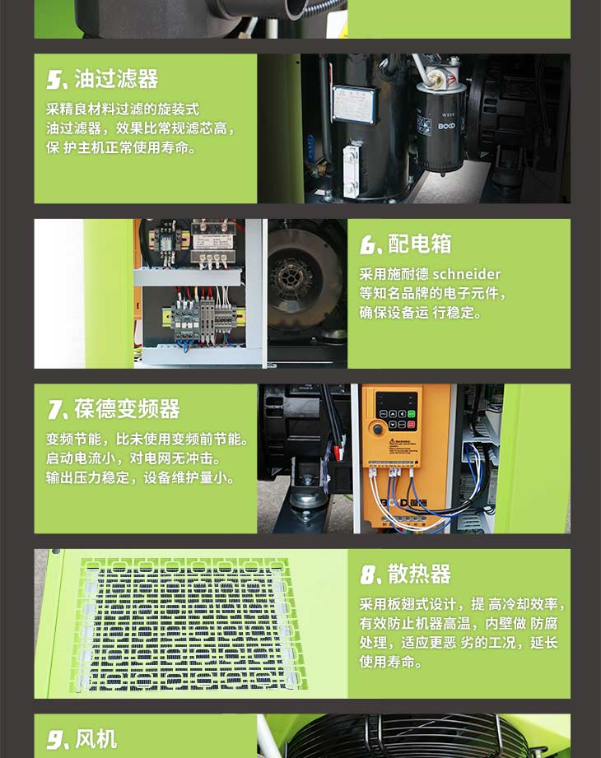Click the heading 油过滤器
(116, 79)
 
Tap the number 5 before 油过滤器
(54, 80)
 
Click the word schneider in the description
(467, 274)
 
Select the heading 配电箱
(420, 244)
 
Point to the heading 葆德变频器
(127, 409)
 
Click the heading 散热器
(419, 574)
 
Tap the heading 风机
(96, 739)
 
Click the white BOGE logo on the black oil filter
(447, 126)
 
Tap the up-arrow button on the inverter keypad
(392, 414)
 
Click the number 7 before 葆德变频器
(54, 410)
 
